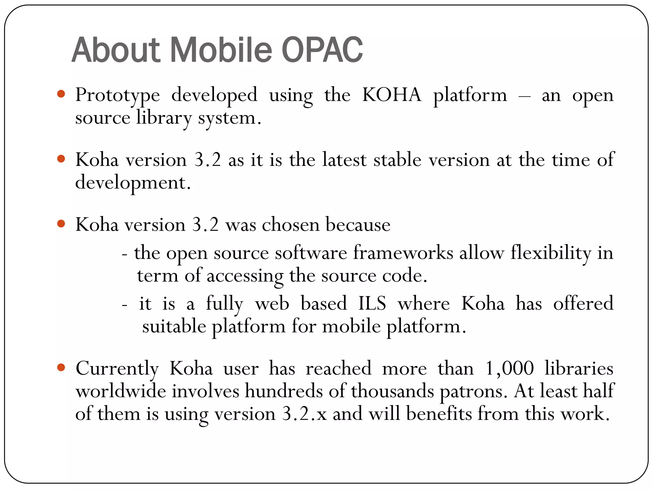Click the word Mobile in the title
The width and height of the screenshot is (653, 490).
[x=221, y=50]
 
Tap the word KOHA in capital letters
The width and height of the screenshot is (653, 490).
[x=392, y=95]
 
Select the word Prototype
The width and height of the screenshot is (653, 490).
[x=117, y=95]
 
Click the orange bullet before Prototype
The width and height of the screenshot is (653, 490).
[x=61, y=94]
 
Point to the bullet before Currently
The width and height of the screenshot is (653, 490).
[x=61, y=367]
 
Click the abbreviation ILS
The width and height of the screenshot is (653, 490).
[x=372, y=303]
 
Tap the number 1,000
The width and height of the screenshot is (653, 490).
[x=509, y=368]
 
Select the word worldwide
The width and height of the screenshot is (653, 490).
[x=121, y=391]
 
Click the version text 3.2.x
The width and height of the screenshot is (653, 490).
[x=304, y=414]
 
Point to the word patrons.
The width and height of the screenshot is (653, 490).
[x=473, y=392]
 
